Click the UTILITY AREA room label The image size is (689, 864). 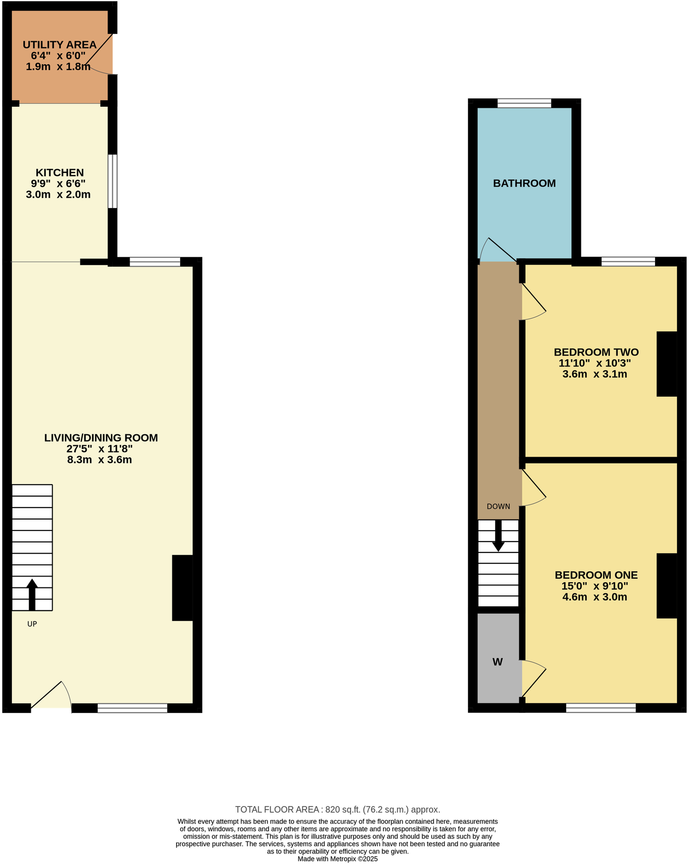pos(60,45)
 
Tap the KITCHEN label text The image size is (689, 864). pos(60,172)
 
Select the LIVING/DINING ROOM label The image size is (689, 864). pos(101,438)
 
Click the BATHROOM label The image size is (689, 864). pos(524,183)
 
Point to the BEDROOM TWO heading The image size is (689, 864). pos(596,352)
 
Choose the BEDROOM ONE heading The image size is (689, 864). pos(596,575)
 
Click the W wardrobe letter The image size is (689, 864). pos(497,662)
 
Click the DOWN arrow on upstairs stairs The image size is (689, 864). pos(498,535)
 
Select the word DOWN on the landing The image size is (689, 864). pos(498,506)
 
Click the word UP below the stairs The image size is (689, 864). pos(32,624)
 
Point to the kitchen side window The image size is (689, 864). pos(112,181)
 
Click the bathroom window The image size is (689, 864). pos(524,103)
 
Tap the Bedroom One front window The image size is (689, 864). pos(601,708)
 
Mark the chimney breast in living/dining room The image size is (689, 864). pos(182,588)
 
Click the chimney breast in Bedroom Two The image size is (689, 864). pos(667,364)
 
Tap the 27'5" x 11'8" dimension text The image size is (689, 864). pos(99,449)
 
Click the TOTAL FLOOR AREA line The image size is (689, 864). pos(337,810)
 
